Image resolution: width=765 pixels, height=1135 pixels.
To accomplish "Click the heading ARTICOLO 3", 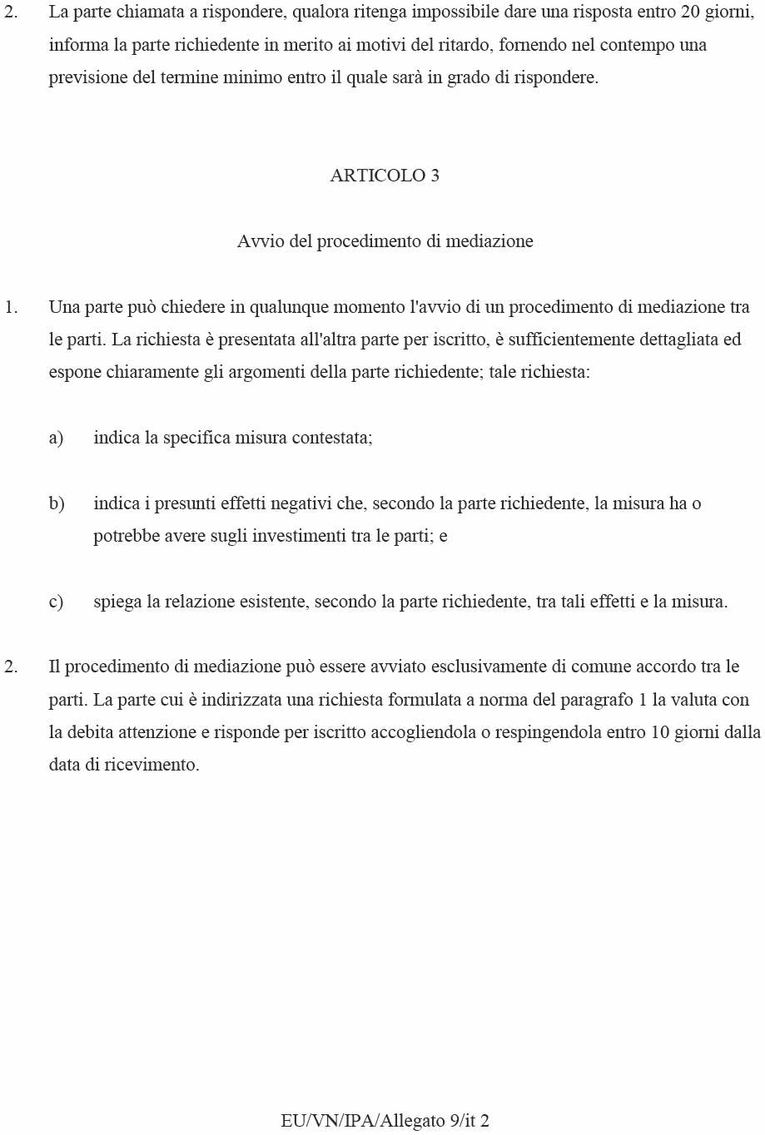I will pos(385,176).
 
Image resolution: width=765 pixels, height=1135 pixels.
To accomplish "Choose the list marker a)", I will pos(56,438).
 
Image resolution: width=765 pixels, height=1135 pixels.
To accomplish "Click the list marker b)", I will pos(57,503).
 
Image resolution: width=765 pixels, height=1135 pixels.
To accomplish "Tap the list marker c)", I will pos(56,602).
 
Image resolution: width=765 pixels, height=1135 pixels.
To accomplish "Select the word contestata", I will pos(331,438).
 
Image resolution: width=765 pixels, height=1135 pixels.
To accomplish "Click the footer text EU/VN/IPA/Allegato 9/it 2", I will pos(385,1120).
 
